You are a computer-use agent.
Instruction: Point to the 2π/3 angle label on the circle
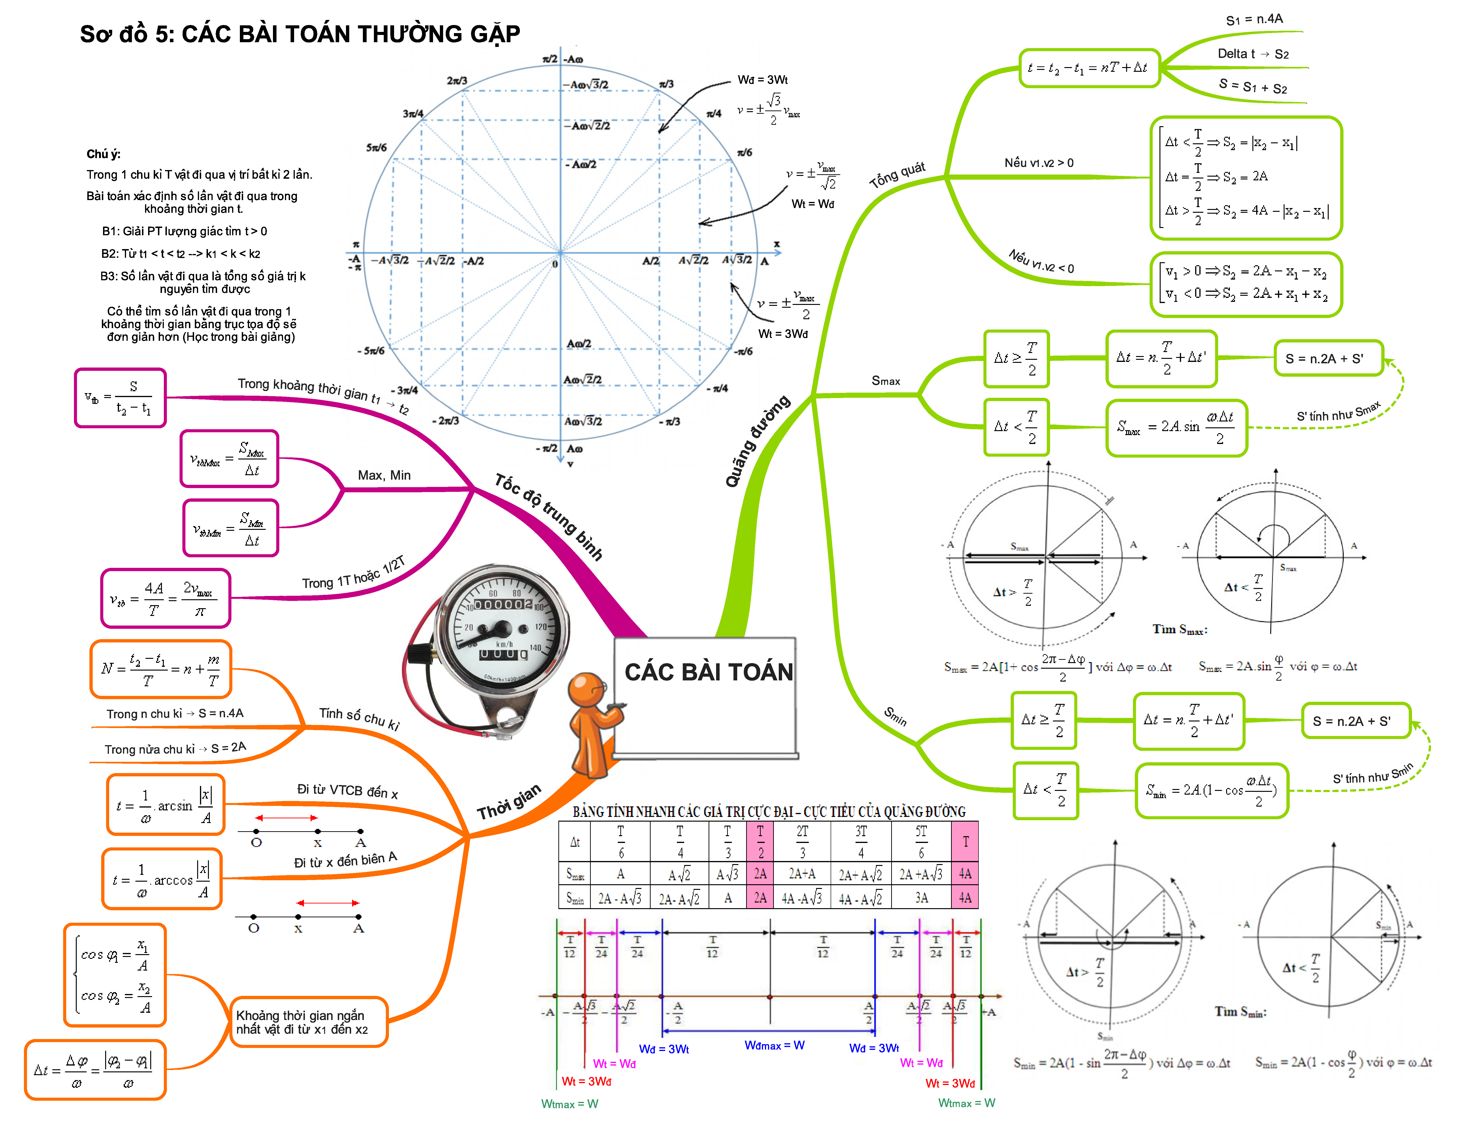coord(457,81)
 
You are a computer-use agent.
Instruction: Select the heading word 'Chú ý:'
coord(103,154)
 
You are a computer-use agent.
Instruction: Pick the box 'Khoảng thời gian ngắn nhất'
coord(308,1022)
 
